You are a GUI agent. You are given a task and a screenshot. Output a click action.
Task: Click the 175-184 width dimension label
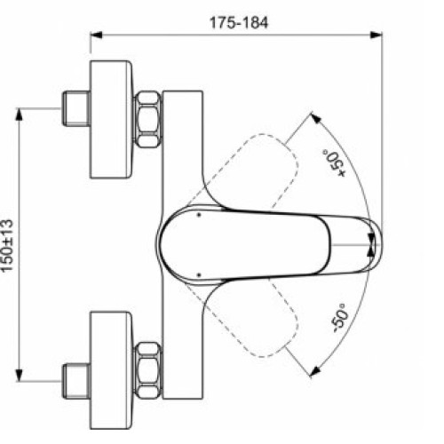(240, 19)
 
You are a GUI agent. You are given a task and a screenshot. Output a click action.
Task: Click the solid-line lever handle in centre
(258, 241)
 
